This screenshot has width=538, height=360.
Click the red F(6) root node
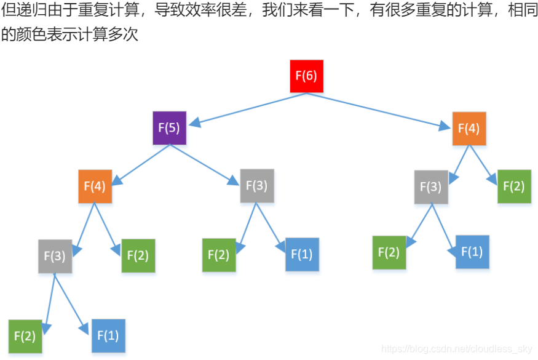[306, 76]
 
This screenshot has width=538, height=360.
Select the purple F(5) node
[169, 128]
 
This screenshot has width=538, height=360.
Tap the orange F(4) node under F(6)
[469, 129]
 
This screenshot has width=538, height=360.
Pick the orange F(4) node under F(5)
[95, 186]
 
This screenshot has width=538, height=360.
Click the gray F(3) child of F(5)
[257, 185]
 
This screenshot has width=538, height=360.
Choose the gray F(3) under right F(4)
[430, 186]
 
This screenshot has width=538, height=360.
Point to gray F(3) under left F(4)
[55, 255]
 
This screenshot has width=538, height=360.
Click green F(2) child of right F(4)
[514, 186]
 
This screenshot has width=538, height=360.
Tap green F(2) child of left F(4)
[138, 255]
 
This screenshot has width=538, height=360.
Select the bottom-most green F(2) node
[25, 336]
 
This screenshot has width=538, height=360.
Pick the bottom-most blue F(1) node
[108, 335]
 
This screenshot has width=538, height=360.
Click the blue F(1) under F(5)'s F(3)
[302, 254]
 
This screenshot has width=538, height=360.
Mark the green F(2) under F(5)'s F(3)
[219, 254]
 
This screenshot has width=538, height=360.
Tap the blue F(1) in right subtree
[472, 252]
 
